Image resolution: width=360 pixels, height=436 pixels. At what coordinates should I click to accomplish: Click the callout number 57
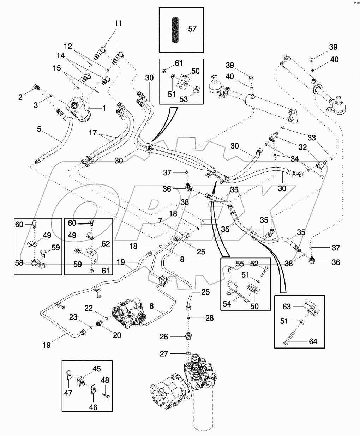192,29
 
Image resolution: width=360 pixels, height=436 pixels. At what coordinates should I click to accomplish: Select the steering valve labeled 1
80,110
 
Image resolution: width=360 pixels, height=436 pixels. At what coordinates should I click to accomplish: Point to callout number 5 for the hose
39,129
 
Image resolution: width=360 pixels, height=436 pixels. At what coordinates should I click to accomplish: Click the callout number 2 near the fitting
20,97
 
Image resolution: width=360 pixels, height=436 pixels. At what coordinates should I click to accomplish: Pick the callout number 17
93,133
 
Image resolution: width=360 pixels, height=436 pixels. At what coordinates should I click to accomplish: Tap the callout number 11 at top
118,24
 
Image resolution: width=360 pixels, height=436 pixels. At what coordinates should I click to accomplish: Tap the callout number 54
227,303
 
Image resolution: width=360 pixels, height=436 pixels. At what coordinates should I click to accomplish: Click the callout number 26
164,337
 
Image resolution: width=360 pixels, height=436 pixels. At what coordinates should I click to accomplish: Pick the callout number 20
117,335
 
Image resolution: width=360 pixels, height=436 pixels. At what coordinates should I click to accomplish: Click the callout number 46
92,407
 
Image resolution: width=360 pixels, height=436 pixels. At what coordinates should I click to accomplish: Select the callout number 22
89,308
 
